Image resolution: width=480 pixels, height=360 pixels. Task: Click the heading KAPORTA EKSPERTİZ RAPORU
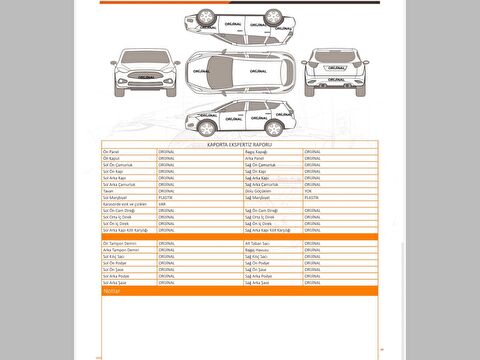pos(240,144)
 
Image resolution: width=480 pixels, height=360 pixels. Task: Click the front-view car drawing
pos(146,73)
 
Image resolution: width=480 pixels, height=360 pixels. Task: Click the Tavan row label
pos(108,191)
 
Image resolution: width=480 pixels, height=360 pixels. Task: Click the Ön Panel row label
pos(111,152)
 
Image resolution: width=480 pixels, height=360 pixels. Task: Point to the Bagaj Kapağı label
pos(259,152)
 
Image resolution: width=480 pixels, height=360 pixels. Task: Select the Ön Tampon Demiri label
pos(119,242)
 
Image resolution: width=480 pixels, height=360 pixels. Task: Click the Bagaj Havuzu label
pos(259,249)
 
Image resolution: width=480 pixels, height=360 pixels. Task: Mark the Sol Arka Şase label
pos(115,282)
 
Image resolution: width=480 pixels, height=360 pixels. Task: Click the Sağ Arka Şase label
pos(258,282)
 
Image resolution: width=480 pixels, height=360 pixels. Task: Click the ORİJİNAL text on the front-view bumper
pos(146,86)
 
